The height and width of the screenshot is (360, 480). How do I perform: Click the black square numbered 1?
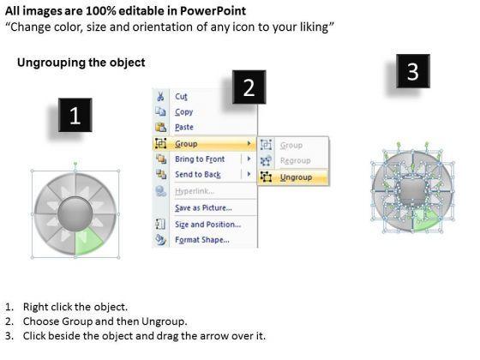(75, 115)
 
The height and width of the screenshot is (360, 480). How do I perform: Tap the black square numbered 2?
(249, 87)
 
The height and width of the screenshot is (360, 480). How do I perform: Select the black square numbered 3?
(413, 71)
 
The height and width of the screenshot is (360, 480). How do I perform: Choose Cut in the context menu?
(181, 97)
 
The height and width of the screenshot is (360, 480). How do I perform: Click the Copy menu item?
(184, 112)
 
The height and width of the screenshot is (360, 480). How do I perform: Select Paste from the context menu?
(184, 127)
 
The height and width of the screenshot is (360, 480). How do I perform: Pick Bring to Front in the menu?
(200, 159)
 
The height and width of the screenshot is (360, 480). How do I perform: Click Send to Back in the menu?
(198, 175)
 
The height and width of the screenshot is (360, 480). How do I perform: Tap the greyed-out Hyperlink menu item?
(195, 191)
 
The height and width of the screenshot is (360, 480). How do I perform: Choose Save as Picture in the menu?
(203, 207)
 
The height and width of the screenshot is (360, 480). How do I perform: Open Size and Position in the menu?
(207, 225)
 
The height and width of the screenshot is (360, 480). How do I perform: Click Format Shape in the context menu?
(202, 240)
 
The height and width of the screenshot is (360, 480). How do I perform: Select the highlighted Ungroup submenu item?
(296, 177)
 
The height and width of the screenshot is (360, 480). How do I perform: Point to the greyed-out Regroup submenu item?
(295, 161)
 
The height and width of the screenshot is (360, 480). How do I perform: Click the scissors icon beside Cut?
(160, 97)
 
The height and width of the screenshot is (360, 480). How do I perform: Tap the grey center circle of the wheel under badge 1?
(75, 214)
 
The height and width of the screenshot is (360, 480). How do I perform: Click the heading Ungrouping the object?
(81, 63)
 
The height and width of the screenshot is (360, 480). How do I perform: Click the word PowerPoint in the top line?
(213, 11)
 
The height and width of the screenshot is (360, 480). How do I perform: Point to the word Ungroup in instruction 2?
(164, 321)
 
